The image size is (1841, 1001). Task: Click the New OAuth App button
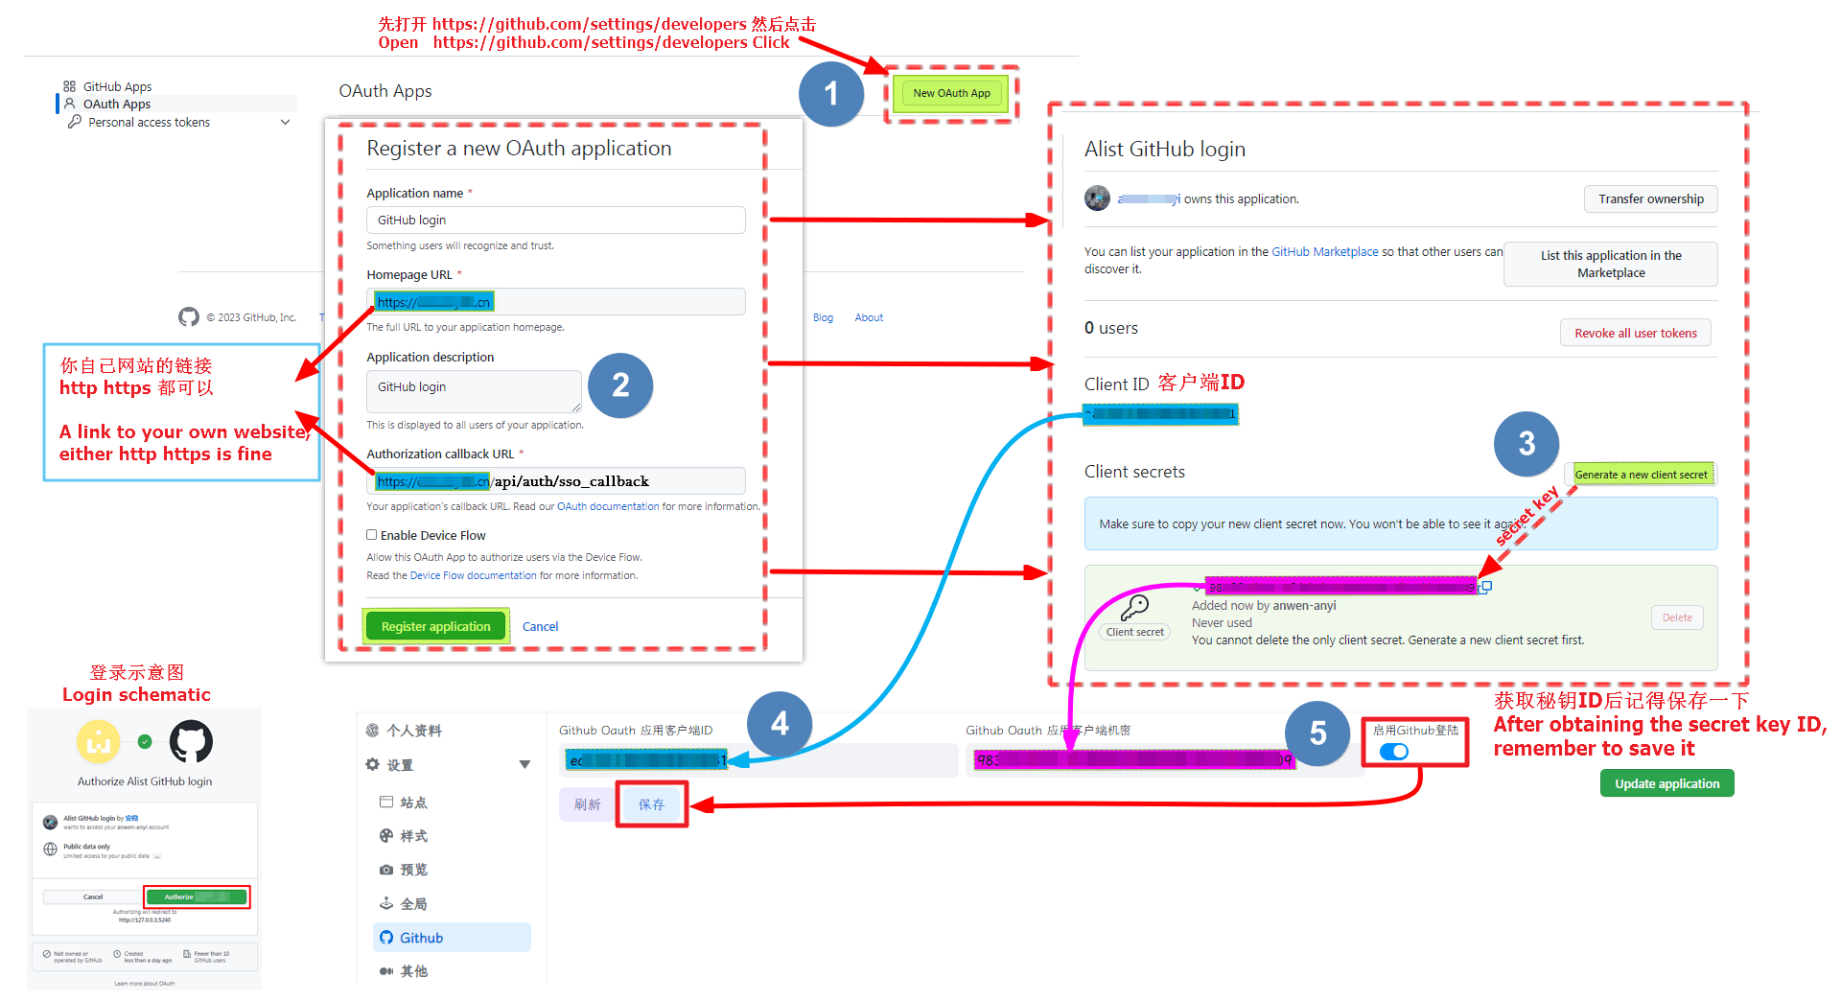coord(951,93)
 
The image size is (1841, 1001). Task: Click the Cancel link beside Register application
coord(540,626)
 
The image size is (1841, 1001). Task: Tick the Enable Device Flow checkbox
coord(372,535)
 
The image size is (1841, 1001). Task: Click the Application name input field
coord(555,220)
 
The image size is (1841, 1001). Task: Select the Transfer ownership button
coord(1650,199)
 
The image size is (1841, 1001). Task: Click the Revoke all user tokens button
coord(1635,333)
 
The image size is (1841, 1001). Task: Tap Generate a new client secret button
coord(1641,474)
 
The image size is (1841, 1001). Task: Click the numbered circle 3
coord(1526,443)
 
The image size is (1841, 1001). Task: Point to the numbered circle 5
coord(1318,733)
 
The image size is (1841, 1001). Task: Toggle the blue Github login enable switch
coord(1394,752)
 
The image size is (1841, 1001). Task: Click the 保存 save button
coord(651,804)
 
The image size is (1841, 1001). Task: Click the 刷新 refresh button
coord(587,804)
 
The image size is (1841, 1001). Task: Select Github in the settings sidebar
coord(421,938)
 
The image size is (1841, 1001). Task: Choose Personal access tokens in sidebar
coord(150,123)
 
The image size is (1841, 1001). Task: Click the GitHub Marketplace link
coord(1324,252)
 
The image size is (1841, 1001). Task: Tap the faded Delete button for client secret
coord(1677,617)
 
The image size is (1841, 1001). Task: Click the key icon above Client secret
coord(1134,607)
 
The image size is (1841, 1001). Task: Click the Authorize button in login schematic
coord(196,896)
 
